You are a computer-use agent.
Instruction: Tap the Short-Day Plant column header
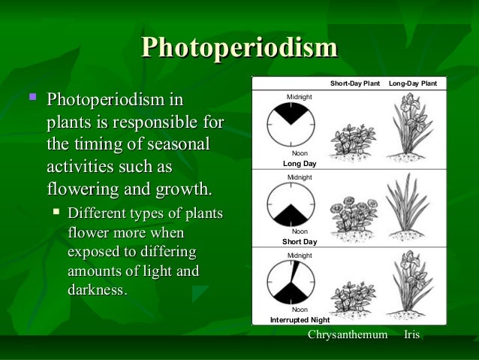355,83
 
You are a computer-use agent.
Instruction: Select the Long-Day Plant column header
417,83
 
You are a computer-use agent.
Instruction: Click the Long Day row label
299,162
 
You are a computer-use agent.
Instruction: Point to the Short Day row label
299,242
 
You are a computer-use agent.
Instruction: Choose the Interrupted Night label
300,319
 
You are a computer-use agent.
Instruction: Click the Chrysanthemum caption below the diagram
348,333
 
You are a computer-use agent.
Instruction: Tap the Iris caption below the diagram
411,333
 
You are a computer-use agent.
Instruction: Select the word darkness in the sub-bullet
97,289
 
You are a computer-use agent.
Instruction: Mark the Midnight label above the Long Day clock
300,97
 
